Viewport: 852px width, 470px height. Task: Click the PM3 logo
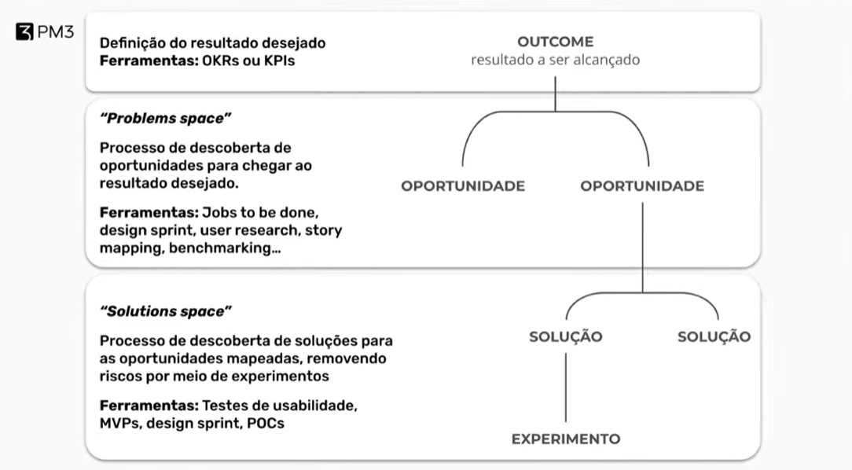point(44,34)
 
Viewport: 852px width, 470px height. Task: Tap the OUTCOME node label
point(555,42)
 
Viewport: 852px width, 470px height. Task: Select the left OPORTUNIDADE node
point(463,186)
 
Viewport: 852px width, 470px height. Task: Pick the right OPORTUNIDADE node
point(642,186)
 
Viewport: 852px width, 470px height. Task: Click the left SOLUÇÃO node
point(566,337)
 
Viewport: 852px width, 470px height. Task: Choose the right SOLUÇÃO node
point(714,337)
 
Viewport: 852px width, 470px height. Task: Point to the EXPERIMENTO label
point(566,439)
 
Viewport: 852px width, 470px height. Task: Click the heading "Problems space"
point(166,118)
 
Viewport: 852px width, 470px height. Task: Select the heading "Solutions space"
point(166,311)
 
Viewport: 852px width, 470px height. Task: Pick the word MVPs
point(119,423)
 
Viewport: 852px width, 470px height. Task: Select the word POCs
point(266,423)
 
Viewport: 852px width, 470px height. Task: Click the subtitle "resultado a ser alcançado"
point(555,60)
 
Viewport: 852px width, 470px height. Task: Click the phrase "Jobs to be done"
point(259,212)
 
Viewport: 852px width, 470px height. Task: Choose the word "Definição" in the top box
point(130,42)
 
